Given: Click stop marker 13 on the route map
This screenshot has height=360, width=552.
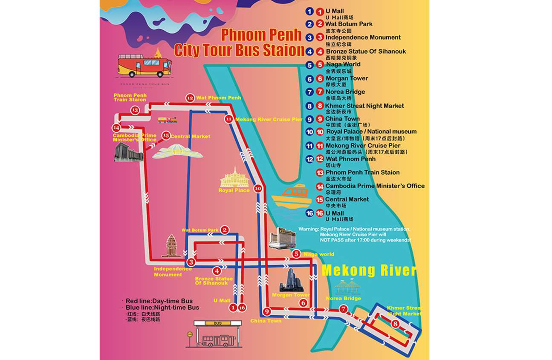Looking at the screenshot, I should (135, 110).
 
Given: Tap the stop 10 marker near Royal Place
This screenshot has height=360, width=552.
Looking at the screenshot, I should (257, 188).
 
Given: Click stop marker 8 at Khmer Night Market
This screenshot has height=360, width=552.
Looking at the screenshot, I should (396, 324).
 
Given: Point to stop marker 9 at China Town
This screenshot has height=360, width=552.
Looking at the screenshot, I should (267, 311).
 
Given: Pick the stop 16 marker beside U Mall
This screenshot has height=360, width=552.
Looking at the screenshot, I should (242, 307).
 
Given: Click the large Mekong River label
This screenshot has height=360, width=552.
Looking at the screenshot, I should (369, 271).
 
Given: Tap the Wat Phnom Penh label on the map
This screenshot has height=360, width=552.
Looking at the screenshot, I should (218, 98).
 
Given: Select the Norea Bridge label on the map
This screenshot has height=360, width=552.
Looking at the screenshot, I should (344, 298).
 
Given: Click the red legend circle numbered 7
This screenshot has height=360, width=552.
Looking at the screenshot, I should (320, 92).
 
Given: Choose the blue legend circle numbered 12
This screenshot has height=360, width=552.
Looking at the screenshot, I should (310, 159).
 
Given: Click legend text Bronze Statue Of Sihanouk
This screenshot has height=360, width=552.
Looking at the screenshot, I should (366, 51).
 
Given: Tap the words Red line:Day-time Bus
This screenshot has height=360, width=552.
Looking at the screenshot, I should (156, 301).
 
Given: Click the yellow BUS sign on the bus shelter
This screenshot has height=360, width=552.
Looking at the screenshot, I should (218, 323).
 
